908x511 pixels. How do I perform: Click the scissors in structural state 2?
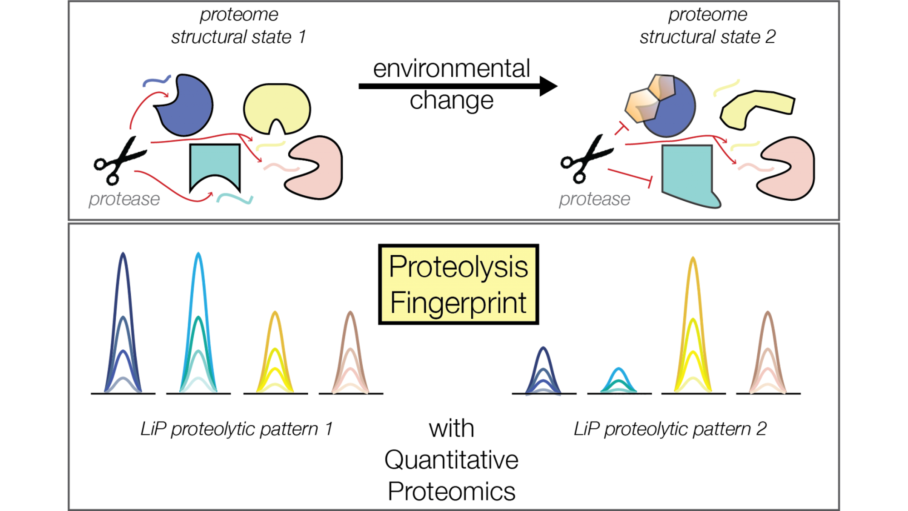tap(586, 159)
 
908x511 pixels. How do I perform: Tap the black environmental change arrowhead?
tap(548, 86)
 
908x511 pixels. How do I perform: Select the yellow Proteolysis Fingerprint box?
tap(459, 284)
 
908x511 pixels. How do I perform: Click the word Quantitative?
tap(451, 460)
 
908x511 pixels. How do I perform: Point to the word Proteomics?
tap(451, 491)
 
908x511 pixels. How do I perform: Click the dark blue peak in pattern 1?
tap(123, 322)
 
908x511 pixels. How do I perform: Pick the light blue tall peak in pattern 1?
tap(198, 322)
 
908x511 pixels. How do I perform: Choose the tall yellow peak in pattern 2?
tap(693, 325)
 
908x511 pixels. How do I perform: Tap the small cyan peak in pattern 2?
tap(619, 380)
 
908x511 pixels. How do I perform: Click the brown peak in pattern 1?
tap(350, 352)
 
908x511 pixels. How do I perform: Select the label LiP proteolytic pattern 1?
tap(237, 429)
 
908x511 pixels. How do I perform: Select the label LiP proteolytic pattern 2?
tap(670, 429)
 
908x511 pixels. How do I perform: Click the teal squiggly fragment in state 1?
tap(234, 198)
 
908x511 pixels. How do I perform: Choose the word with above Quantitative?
tap(452, 428)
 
